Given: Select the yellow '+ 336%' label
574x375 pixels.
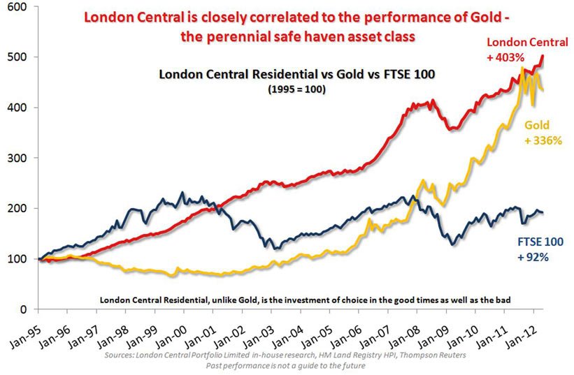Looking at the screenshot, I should (x=543, y=140).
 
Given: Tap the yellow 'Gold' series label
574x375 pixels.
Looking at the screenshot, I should (x=538, y=125).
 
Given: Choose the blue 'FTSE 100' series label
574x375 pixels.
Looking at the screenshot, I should (x=539, y=242).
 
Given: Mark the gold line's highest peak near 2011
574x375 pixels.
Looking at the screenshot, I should (x=522, y=68).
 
